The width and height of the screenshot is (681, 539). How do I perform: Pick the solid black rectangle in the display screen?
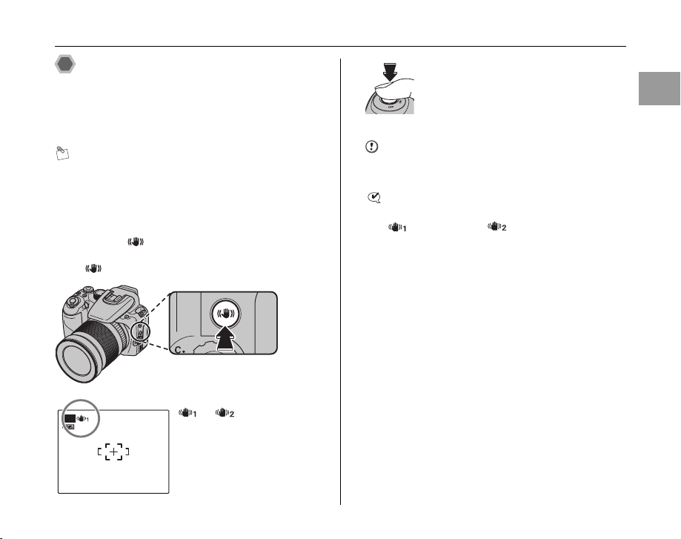point(70,419)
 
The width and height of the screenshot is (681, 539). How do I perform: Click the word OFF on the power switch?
point(391,105)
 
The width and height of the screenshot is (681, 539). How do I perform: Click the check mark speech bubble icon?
point(374,197)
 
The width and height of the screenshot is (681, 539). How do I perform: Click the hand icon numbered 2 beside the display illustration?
point(222,413)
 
